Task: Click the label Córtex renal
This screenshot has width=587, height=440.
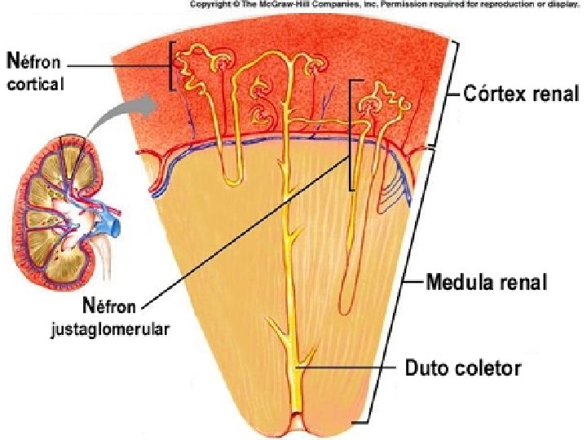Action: pos(521,94)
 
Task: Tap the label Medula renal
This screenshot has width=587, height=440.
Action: pos(487,283)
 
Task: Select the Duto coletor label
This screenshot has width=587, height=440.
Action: pos(463,368)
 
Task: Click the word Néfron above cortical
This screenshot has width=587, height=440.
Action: pos(36,59)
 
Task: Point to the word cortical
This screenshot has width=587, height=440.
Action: pos(35,83)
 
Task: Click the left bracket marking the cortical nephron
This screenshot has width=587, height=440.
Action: pos(172,66)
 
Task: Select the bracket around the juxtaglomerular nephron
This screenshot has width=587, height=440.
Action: pos(351,134)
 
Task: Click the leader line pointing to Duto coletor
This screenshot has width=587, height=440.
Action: pos(351,368)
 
